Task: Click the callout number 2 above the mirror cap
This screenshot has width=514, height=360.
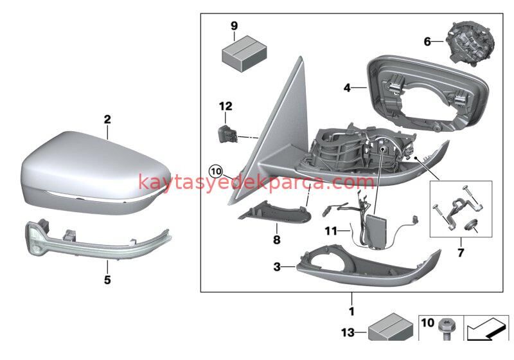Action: (x=107, y=120)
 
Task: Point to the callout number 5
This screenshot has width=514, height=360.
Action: (x=107, y=280)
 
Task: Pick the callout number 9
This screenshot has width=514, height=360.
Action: (x=235, y=26)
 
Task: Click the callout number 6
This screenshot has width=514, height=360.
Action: (x=427, y=42)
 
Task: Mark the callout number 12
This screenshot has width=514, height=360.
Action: (x=226, y=106)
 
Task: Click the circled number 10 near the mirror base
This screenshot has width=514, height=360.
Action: (x=216, y=172)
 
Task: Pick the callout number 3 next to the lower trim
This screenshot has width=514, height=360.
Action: (x=278, y=265)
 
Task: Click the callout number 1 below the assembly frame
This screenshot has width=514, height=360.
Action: (x=351, y=312)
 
